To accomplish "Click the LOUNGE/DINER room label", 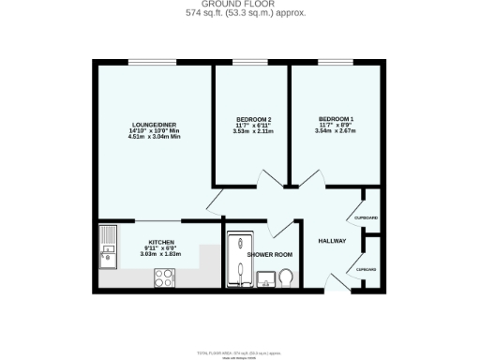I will (x=155, y=125).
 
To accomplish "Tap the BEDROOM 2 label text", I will (x=253, y=119).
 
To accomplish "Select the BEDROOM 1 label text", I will (x=335, y=118).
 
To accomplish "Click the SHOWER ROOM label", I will (x=270, y=254).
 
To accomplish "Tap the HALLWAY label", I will (x=333, y=241).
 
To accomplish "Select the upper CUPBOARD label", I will (x=367, y=217).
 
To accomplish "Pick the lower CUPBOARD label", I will (x=367, y=269).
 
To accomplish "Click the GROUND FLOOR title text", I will (x=240, y=5).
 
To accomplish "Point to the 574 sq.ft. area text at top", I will (x=240, y=13).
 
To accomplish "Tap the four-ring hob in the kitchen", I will (x=166, y=277).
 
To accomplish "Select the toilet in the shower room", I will (x=286, y=277).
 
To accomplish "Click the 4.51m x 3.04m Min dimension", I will (x=155, y=137).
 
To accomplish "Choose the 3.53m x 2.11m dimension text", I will (x=253, y=132).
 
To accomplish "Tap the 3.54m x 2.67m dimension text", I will (x=335, y=130).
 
